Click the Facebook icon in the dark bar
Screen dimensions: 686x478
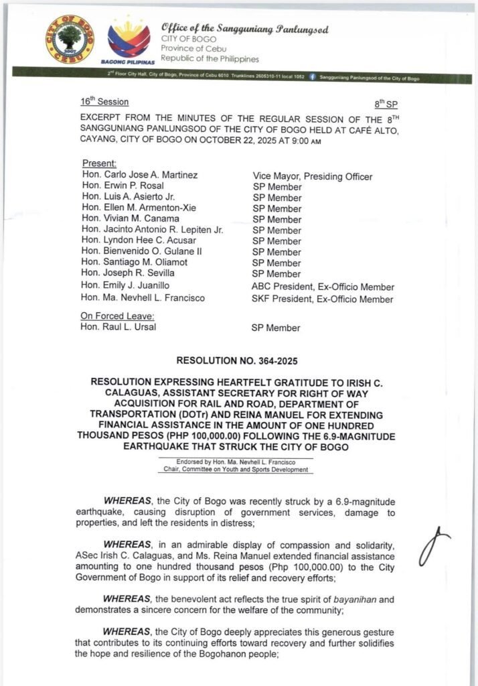pyautogui.click(x=312, y=78)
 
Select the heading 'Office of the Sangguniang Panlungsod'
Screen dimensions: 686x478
pyautogui.click(x=244, y=30)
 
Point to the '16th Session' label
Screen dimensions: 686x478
pyautogui.click(x=104, y=102)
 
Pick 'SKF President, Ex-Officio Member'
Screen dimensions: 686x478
pyautogui.click(x=322, y=299)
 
